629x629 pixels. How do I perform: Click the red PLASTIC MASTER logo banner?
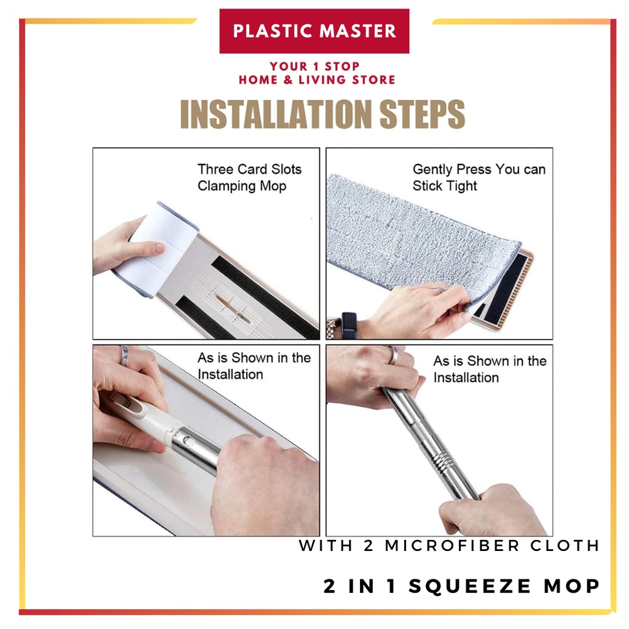tap(314, 31)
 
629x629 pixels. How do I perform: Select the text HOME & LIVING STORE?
tap(317, 79)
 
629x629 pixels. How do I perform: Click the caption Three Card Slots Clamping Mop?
tap(249, 178)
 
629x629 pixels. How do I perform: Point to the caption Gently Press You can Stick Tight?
tap(479, 178)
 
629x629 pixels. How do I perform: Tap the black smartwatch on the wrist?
tap(349, 326)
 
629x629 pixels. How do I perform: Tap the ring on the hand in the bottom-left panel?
tap(124, 356)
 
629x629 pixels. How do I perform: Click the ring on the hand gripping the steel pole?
tap(394, 356)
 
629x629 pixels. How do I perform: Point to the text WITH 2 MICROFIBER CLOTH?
tap(449, 545)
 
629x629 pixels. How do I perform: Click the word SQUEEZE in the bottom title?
tap(470, 586)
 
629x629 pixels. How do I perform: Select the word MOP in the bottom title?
tap(572, 586)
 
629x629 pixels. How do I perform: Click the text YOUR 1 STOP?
tap(314, 66)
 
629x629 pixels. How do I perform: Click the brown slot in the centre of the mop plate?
tap(233, 308)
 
